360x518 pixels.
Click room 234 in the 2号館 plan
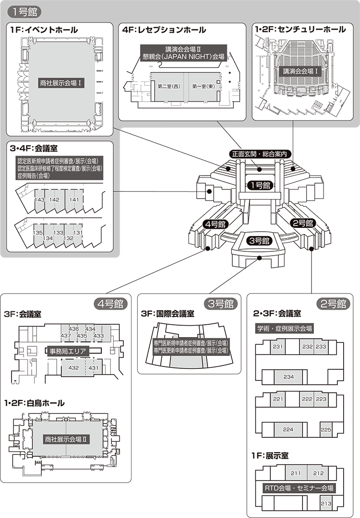288,377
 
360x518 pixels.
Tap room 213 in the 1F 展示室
326,503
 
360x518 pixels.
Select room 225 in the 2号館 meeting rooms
326,430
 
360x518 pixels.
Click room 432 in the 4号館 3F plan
73,368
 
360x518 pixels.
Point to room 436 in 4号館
74,329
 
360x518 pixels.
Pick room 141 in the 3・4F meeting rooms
74,200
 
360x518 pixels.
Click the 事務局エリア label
67,351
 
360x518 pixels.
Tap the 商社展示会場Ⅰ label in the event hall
62,83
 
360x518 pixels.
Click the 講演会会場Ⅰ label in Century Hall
301,71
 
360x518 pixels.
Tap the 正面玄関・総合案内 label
259,154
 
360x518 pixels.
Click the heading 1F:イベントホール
44,30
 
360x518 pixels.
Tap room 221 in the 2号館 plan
277,399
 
